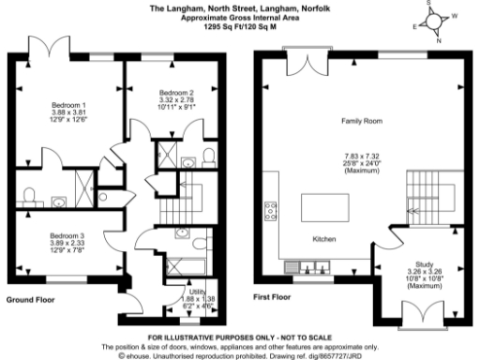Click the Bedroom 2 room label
click(176, 93)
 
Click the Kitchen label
click(323, 237)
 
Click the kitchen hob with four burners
click(271, 208)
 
